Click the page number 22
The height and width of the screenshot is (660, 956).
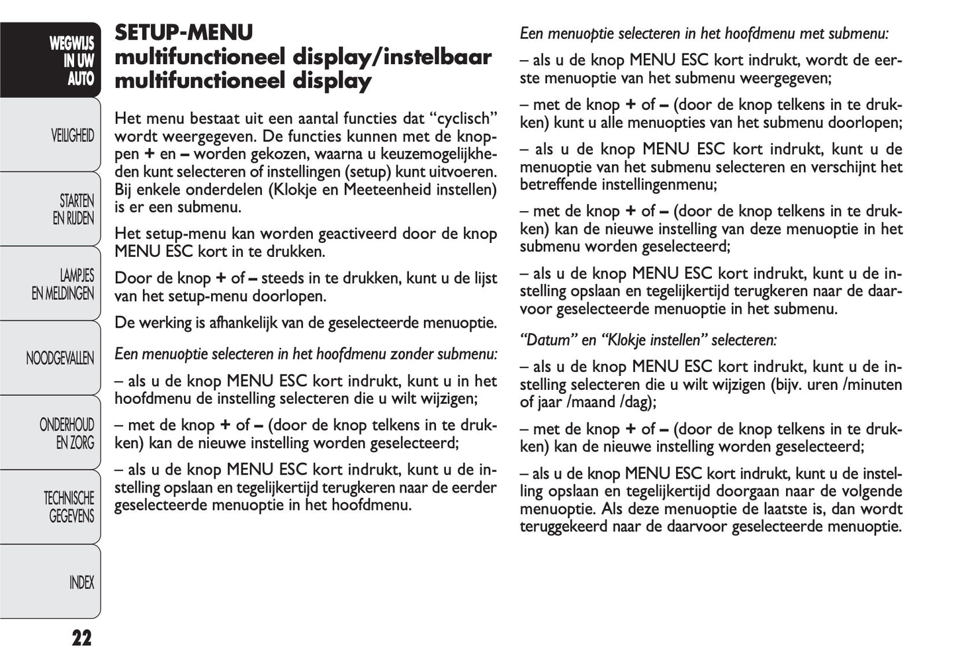(81, 638)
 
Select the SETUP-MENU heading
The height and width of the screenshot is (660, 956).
(184, 32)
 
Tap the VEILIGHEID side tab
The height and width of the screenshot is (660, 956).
(72, 136)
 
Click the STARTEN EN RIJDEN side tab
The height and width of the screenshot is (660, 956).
(73, 209)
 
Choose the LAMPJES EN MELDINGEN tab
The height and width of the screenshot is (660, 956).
(63, 284)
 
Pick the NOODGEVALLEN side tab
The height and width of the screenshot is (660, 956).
(60, 359)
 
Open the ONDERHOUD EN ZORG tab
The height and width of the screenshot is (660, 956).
(67, 434)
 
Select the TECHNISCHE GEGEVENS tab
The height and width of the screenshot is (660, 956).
(69, 507)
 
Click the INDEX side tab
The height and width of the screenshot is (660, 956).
(81, 583)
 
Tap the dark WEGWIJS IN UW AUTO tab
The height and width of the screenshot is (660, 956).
(71, 61)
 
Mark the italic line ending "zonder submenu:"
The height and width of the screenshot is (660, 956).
(306, 354)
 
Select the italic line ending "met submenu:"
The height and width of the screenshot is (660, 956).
(704, 33)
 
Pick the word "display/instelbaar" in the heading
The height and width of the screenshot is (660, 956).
(392, 57)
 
